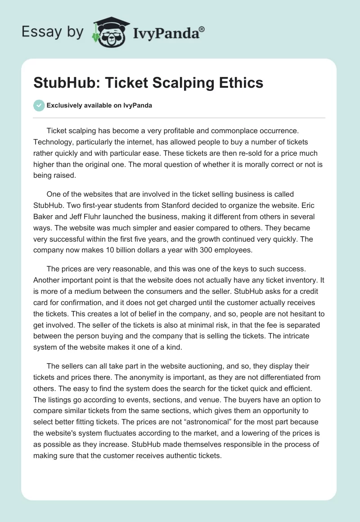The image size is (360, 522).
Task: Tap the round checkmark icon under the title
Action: [39, 105]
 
